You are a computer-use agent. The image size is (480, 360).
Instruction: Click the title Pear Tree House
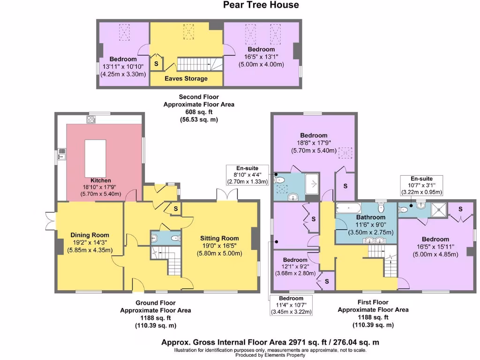point(261,5)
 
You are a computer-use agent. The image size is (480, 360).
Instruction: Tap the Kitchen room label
point(101,180)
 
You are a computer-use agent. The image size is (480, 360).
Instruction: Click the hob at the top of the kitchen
point(90,120)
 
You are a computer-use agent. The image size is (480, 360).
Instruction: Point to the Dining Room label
point(90,235)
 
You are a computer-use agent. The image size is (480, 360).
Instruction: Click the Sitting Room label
point(219,238)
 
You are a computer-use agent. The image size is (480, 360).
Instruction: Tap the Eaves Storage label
point(186,78)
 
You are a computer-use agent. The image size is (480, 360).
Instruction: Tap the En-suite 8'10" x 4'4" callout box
point(247,175)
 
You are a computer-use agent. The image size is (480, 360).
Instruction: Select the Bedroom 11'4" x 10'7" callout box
point(291,305)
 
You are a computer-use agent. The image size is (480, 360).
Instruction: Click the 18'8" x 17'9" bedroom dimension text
point(314,143)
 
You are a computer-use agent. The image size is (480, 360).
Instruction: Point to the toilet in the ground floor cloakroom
point(175,239)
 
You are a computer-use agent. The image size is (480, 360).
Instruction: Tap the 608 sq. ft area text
point(198,112)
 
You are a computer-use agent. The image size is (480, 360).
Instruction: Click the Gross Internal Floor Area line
point(270,343)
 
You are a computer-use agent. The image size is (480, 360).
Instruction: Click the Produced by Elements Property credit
point(270,355)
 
